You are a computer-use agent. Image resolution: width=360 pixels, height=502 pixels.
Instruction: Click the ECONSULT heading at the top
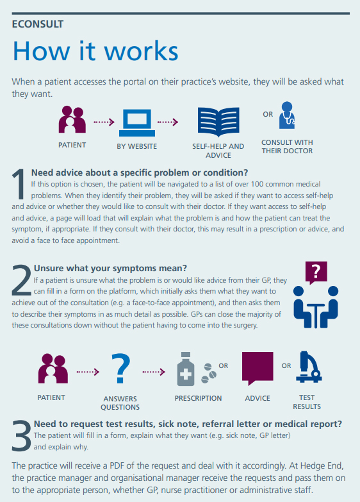38,24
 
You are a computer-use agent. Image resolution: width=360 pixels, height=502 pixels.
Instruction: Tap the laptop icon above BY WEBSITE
137,123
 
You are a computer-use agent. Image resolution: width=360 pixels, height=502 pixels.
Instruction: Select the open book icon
218,122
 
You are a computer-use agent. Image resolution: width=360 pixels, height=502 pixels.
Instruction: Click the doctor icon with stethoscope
287,115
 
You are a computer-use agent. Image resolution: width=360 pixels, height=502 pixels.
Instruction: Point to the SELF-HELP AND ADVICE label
218,151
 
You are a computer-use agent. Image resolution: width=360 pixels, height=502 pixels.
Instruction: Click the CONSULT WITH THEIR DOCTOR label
287,147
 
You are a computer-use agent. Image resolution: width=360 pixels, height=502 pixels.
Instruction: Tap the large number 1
19,184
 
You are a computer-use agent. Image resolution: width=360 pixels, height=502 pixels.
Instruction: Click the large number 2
22,280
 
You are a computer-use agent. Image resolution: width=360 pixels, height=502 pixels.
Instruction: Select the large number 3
22,435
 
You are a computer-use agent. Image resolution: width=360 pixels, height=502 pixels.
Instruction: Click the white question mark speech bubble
316,272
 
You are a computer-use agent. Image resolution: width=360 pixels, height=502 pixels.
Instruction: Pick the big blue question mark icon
120,368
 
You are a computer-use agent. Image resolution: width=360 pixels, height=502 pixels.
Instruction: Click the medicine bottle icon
186,369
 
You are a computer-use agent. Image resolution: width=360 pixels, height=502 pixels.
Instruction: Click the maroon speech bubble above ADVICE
258,368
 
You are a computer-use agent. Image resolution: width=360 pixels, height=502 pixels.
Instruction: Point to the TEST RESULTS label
307,402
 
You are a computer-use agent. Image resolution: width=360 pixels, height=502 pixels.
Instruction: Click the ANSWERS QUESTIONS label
120,403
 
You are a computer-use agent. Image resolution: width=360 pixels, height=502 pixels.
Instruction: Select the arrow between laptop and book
168,122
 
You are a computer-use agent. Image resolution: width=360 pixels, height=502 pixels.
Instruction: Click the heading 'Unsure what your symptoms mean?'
110,268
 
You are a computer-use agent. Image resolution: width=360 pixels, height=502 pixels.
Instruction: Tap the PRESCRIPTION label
198,398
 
